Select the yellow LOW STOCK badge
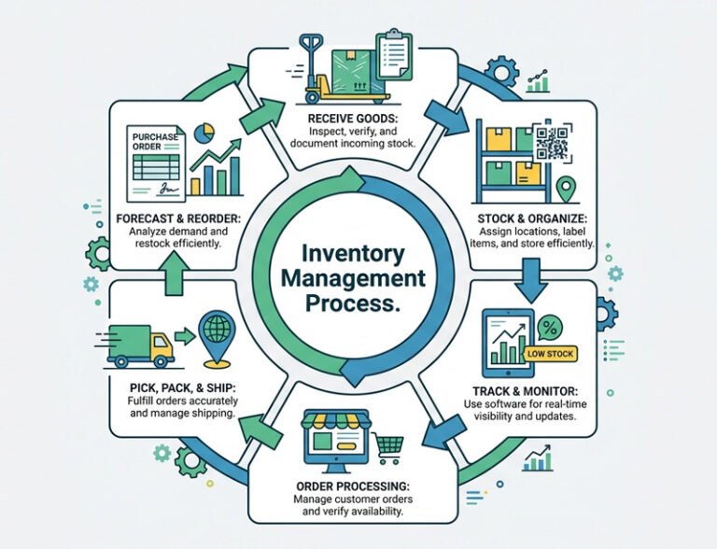pyautogui.click(x=551, y=354)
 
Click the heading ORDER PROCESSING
pyautogui.click(x=351, y=486)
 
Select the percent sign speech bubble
pyautogui.click(x=550, y=326)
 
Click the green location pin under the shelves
pyautogui.click(x=564, y=190)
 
